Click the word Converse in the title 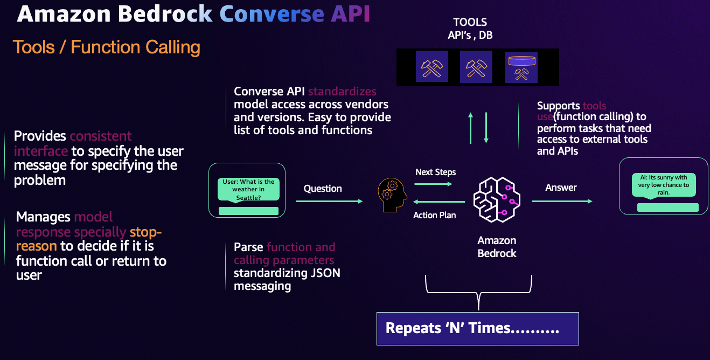[272, 15]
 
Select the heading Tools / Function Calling [107, 47]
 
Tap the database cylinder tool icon [521, 67]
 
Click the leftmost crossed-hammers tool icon [431, 67]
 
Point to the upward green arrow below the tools [471, 128]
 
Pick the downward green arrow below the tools [486, 128]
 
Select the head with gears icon [392, 195]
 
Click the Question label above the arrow [323, 189]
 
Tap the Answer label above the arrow [561, 188]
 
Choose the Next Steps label [435, 172]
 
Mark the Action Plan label [434, 215]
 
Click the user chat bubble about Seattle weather [248, 190]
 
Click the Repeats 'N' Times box [477, 328]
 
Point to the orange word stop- [145, 232]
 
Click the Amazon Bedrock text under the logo [497, 247]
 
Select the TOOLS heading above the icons [470, 22]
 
